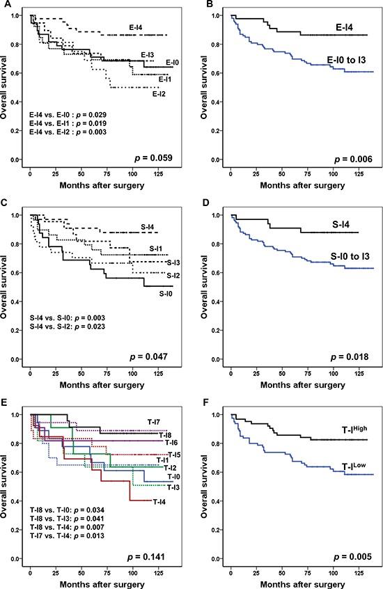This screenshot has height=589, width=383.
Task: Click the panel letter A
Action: click(x=6, y=6)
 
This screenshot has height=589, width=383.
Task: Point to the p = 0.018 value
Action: click(x=350, y=359)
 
